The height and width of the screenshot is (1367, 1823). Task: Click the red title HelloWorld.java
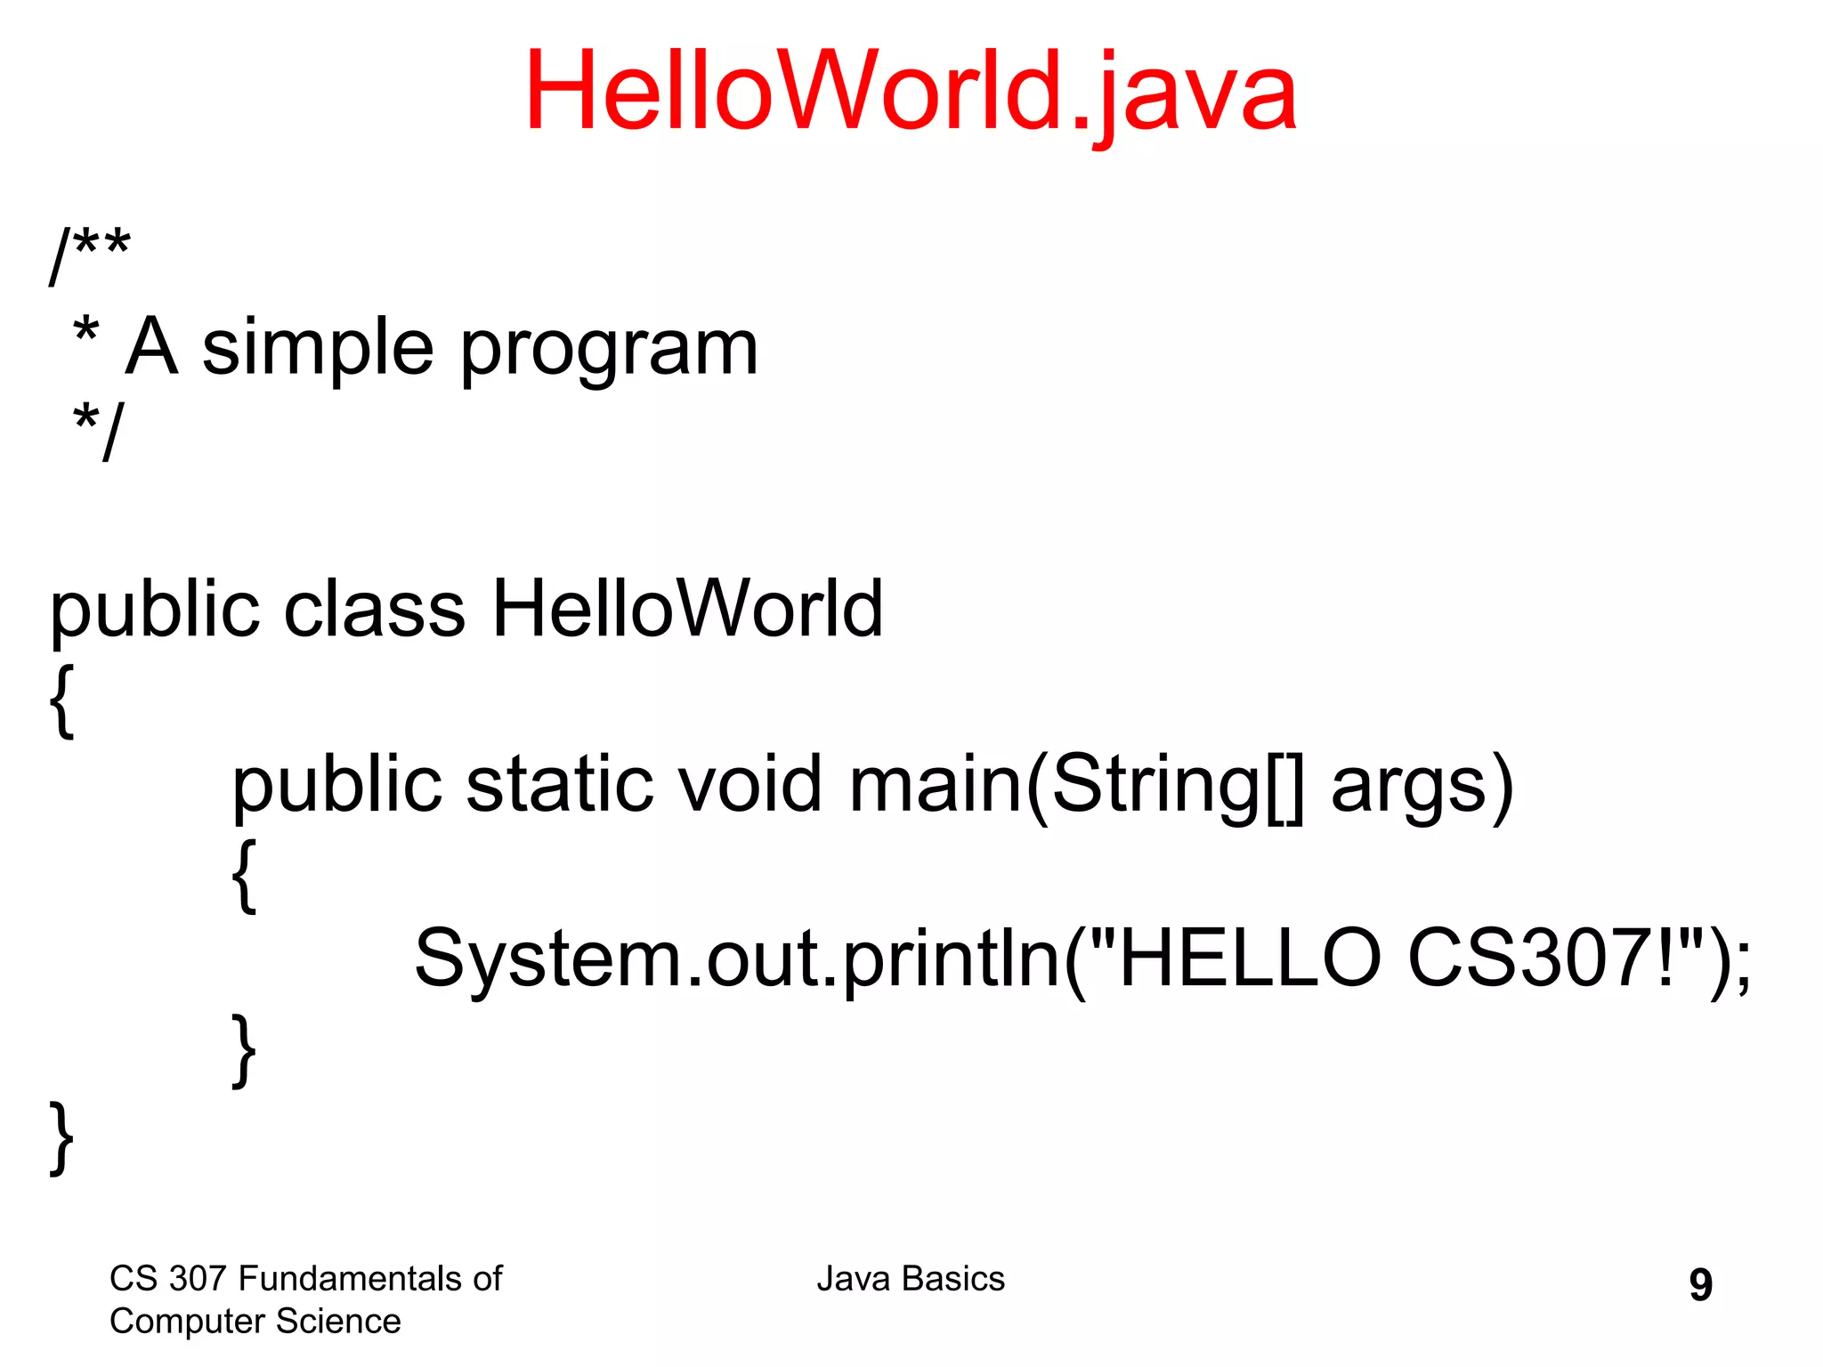click(910, 92)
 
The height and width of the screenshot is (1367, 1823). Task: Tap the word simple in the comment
click(317, 348)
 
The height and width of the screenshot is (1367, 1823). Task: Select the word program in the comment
click(609, 350)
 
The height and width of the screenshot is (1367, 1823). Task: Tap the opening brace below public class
click(61, 700)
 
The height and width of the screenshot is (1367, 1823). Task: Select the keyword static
click(559, 784)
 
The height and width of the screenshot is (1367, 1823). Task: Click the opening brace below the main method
click(244, 875)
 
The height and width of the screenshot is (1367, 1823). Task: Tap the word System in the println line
click(548, 959)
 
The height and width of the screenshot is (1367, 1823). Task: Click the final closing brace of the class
click(61, 1137)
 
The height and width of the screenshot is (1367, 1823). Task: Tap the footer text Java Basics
click(910, 1279)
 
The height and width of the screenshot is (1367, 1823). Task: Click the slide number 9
click(1700, 1284)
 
